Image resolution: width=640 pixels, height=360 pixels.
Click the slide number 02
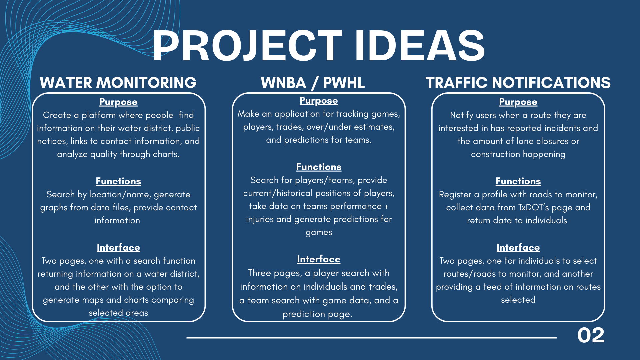(591, 335)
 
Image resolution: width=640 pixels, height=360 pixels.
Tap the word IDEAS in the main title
(420, 45)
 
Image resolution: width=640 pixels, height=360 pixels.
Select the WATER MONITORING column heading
(118, 83)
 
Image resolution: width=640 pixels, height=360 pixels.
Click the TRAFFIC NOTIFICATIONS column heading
(518, 83)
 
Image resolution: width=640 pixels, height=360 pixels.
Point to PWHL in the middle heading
(344, 83)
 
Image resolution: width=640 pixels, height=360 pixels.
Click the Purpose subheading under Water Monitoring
(118, 102)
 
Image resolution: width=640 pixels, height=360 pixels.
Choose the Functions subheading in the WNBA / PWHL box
(319, 167)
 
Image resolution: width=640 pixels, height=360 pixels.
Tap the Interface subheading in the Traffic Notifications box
(518, 247)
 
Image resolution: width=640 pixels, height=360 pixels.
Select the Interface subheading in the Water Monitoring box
(118, 247)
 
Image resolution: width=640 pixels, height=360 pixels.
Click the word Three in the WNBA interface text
(259, 273)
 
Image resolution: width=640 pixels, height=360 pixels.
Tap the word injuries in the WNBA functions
(260, 219)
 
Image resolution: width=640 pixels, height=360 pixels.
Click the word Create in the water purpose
(57, 115)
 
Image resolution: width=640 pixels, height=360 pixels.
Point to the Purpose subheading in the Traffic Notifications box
(518, 102)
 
